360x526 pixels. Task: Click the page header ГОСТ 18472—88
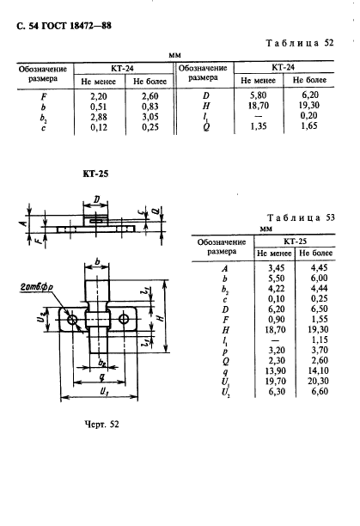point(76,26)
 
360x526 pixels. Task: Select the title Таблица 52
point(300,43)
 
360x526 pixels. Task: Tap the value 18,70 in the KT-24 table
point(258,106)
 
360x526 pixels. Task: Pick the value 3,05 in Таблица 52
point(149,117)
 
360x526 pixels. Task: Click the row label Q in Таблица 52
point(206,127)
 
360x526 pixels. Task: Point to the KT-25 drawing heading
point(95,174)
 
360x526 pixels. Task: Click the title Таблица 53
point(301,217)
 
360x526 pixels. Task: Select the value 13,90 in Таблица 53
point(275,370)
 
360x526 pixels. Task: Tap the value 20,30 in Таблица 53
point(318,381)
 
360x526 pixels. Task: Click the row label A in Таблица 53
point(224,269)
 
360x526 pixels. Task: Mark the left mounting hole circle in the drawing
point(72,320)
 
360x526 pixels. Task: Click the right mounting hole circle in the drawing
point(124,319)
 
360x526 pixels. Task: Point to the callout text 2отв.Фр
point(36,287)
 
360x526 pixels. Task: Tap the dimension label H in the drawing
point(162,315)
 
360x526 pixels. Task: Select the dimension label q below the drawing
point(101,376)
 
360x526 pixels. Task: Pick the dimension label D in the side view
point(96,200)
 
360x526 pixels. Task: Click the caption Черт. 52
point(101,425)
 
